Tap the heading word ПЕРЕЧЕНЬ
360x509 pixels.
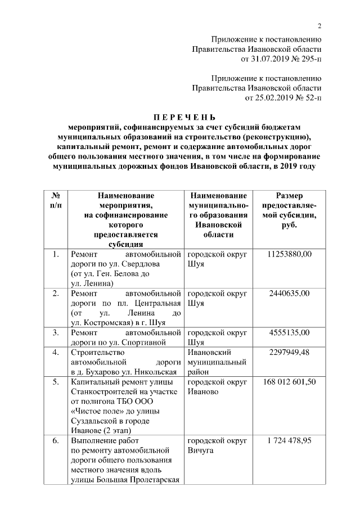coord(185,117)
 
